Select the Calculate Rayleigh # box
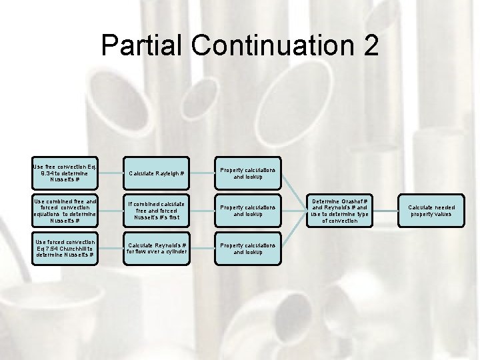(x=157, y=173)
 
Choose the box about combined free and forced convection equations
(x=65, y=210)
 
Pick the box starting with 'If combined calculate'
(x=157, y=210)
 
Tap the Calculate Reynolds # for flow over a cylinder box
(x=157, y=247)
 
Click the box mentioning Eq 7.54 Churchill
(x=65, y=247)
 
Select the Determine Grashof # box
(x=339, y=210)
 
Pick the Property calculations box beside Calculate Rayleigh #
(x=247, y=173)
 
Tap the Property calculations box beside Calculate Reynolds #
(x=247, y=248)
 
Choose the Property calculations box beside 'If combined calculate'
(x=247, y=210)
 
